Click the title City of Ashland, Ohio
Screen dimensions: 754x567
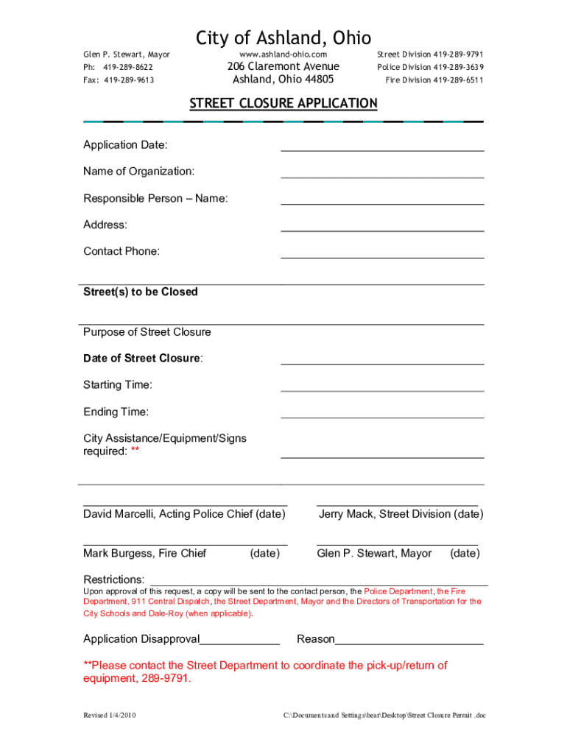coord(283,38)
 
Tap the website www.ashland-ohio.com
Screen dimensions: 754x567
coord(283,54)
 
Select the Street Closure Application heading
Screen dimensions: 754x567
coord(283,103)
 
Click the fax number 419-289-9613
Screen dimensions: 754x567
coord(129,80)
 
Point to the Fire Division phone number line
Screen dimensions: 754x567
coord(434,80)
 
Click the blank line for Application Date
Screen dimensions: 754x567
coord(382,149)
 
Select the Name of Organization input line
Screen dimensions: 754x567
coord(382,177)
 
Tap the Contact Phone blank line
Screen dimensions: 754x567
coord(382,257)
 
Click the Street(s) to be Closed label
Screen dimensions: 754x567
coord(141,292)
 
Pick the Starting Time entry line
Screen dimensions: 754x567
coord(382,390)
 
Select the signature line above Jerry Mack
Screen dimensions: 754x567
coord(397,505)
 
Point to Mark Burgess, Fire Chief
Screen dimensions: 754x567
coord(145,553)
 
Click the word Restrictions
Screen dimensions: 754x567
coord(113,580)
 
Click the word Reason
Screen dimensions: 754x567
coord(315,639)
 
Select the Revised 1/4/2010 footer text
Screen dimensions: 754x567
coord(110,716)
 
